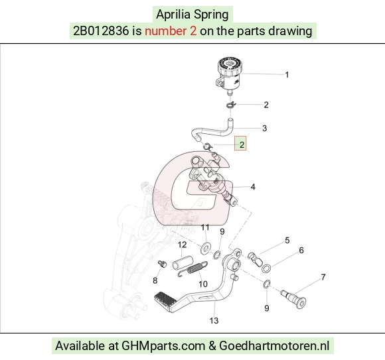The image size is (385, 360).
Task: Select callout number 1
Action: pos(287,75)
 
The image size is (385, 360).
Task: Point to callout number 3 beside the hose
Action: pos(264,128)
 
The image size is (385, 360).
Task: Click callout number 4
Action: pos(253,187)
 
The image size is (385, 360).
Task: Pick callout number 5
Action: pos(287,240)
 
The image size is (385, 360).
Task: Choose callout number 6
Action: pos(301,251)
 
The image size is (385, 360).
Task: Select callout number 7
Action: pos(323,277)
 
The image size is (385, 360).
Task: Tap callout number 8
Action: pos(155,280)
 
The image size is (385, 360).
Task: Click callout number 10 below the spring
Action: pos(203,284)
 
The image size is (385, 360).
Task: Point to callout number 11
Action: pos(205,227)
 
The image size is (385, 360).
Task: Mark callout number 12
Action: pos(182,245)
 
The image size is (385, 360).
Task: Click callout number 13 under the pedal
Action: pos(214,320)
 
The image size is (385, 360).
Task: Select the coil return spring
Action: pos(193,269)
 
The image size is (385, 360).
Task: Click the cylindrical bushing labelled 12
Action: pos(183,263)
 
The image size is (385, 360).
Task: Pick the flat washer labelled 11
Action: pos(206,248)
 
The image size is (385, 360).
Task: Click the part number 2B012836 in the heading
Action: pos(101,31)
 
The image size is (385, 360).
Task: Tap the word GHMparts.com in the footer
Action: pos(163,346)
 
